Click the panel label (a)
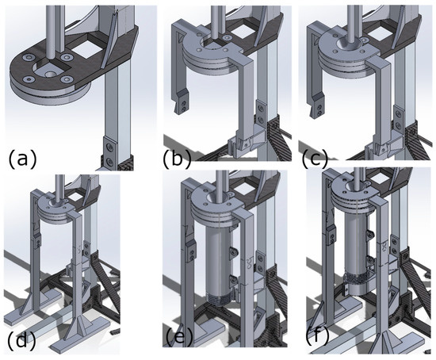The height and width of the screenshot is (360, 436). [22, 159]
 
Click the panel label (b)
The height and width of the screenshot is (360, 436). [177, 159]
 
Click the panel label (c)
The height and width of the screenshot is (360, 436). [315, 159]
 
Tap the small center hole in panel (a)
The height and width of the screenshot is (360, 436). [51, 75]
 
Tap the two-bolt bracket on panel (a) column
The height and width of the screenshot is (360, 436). [110, 153]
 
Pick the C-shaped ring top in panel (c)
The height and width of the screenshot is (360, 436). [346, 48]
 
